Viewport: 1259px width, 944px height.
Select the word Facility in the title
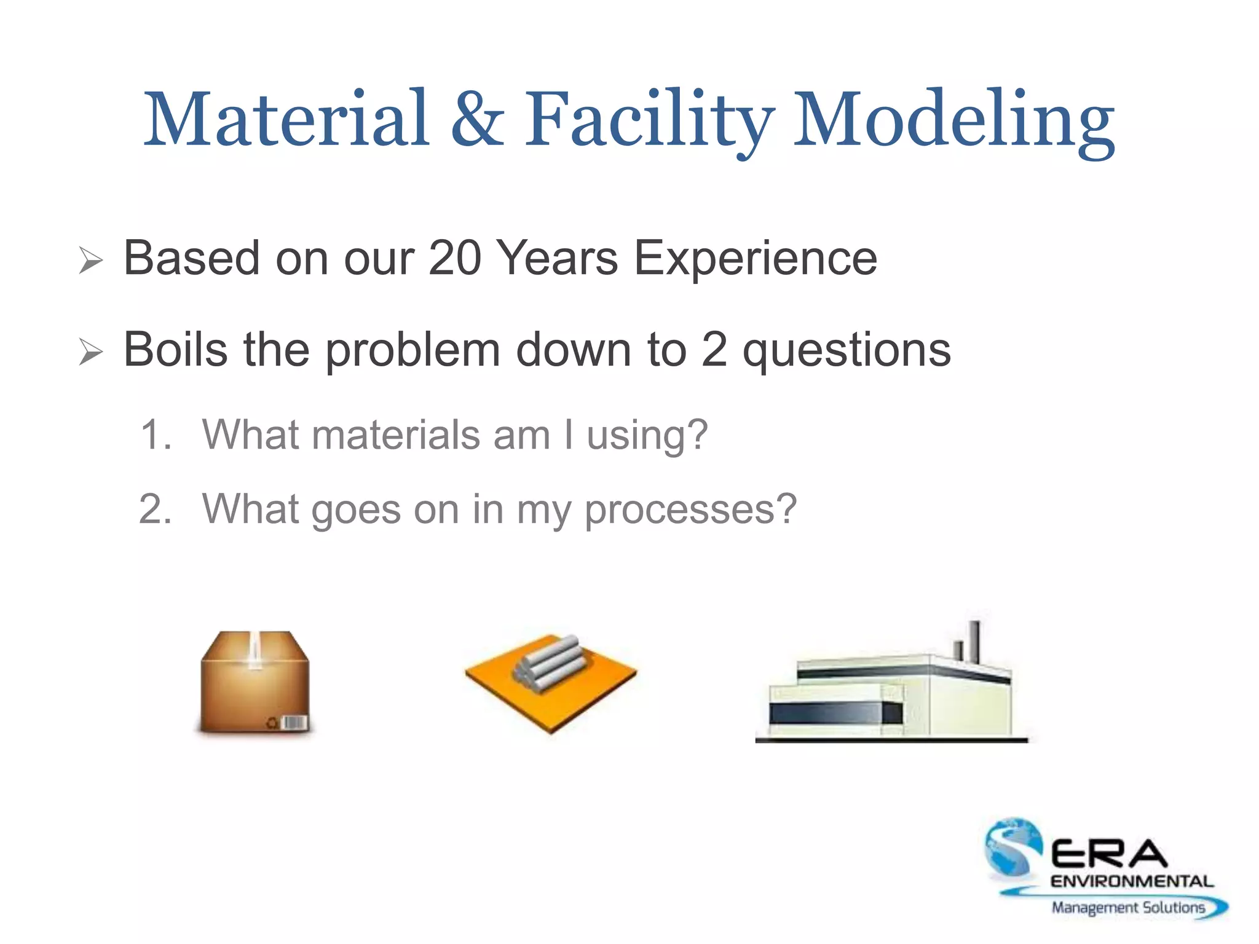(x=649, y=120)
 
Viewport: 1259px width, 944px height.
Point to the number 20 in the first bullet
(x=454, y=258)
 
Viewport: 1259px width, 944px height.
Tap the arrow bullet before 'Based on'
(x=91, y=261)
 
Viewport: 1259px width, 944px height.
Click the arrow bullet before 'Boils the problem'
(x=91, y=352)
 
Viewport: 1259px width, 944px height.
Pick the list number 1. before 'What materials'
(x=156, y=435)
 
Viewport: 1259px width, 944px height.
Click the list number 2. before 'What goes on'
(x=156, y=509)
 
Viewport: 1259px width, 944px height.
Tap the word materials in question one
(x=396, y=435)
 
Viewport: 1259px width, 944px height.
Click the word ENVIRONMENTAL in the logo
(x=1131, y=881)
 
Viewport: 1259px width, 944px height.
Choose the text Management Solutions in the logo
(x=1128, y=908)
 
